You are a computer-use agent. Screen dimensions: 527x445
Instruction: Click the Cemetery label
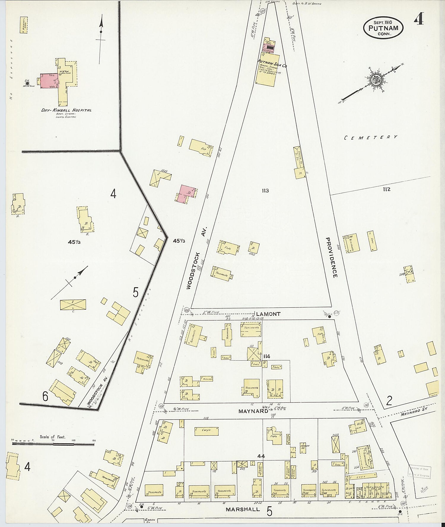click(x=371, y=137)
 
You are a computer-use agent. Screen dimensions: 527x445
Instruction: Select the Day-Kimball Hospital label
click(x=66, y=110)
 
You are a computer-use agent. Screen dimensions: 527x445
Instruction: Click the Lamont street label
click(x=268, y=314)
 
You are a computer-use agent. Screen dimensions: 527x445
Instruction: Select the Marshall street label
click(x=243, y=510)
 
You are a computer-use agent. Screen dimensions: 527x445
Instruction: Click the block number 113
click(x=265, y=190)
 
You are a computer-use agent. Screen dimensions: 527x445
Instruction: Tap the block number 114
click(x=266, y=356)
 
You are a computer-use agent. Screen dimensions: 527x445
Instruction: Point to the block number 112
click(x=387, y=189)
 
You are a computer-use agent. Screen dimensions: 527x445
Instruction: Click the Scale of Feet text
click(x=53, y=437)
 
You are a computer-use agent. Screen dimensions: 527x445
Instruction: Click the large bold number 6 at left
click(x=45, y=396)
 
